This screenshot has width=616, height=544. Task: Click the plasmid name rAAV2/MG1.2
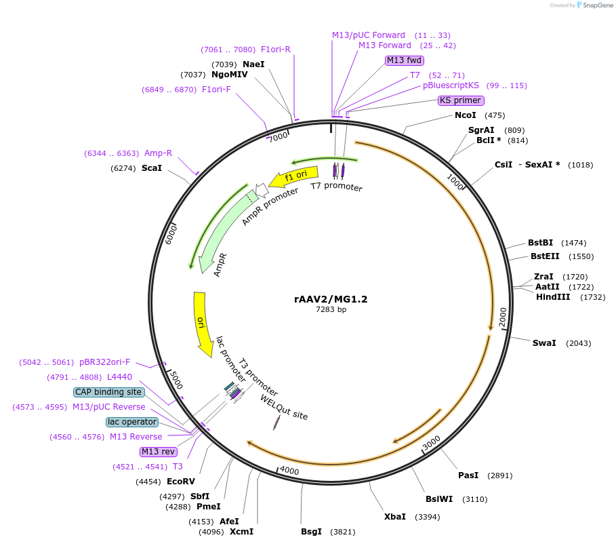331,298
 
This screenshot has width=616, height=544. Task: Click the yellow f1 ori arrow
293,178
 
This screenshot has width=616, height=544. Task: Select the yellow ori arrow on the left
201,323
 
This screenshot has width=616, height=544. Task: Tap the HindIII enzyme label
553,297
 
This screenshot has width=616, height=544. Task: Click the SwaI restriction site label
544,343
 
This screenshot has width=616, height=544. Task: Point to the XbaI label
395,517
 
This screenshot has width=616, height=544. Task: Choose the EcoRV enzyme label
181,482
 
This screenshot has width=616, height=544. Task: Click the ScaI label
152,168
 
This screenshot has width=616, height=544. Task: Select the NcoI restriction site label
466,115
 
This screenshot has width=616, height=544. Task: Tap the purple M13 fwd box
405,60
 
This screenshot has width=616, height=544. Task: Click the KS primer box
461,100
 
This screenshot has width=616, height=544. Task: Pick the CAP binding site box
108,392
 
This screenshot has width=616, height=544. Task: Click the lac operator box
132,422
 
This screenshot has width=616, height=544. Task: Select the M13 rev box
159,452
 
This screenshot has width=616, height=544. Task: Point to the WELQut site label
284,407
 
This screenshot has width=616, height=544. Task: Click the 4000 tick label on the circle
289,471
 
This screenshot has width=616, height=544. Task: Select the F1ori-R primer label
276,50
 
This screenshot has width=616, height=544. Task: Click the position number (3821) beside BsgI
342,532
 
